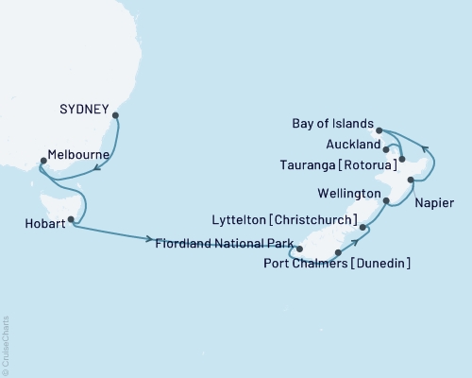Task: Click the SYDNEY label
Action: tap(85, 107)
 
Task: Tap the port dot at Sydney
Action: tap(116, 117)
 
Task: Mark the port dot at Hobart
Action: tap(71, 219)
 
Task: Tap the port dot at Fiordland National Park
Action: tap(299, 249)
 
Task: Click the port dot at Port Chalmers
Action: tap(338, 252)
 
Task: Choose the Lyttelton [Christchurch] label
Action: tap(298, 221)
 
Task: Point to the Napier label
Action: tap(433, 203)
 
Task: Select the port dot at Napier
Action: tap(411, 179)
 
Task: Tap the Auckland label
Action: tap(352, 146)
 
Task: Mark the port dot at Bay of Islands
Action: tap(379, 130)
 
